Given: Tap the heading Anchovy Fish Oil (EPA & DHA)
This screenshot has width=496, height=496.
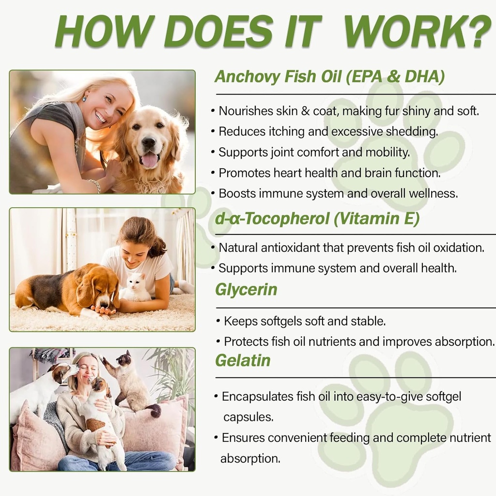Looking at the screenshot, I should [x=329, y=77].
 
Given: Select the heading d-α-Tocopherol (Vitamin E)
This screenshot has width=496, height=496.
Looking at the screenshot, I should [x=317, y=219].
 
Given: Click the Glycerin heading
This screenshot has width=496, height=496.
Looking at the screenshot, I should [x=246, y=290].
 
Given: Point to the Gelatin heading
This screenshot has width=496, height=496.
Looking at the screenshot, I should [x=243, y=360].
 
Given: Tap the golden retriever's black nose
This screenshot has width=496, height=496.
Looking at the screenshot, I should [x=149, y=142].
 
